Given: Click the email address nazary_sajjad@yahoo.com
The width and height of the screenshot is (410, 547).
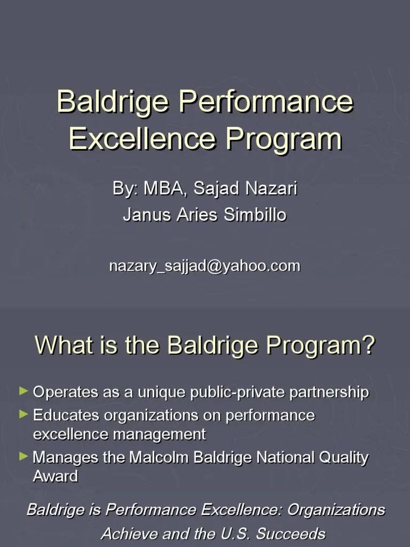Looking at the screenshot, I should click(204, 265).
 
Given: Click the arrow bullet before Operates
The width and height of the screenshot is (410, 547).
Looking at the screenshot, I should click(23, 392).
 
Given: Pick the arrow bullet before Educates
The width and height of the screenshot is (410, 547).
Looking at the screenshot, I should click(23, 414).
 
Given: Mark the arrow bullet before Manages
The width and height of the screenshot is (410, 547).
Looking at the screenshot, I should click(23, 457).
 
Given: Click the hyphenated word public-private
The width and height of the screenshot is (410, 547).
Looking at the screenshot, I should click(238, 393).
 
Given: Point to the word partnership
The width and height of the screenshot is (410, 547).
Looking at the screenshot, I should click(329, 393).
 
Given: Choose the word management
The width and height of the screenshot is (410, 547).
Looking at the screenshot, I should click(159, 434).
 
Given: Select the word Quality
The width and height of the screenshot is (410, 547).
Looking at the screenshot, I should click(344, 458).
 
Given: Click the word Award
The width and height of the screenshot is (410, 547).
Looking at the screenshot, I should click(56, 476).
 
